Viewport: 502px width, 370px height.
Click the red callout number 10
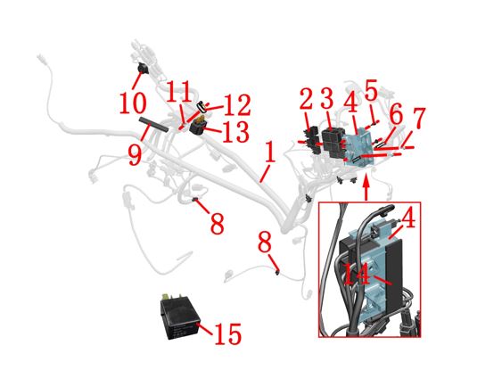point(133,103)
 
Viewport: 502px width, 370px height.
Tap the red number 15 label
point(227,334)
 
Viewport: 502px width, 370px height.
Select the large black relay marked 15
point(180,316)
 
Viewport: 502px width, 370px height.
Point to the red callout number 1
point(270,152)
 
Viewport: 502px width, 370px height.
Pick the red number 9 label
point(136,154)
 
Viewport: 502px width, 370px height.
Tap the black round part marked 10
point(142,68)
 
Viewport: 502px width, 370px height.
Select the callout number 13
point(235,131)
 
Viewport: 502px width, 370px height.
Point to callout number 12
point(237,104)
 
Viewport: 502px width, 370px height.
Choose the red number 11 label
point(179,91)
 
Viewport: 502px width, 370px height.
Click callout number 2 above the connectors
point(307,99)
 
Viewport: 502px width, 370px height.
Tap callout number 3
point(327,97)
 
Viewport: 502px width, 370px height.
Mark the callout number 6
point(397,115)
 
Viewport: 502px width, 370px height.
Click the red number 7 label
point(419,117)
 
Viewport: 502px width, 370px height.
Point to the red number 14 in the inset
point(356,274)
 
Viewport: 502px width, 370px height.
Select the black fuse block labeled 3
point(333,143)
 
